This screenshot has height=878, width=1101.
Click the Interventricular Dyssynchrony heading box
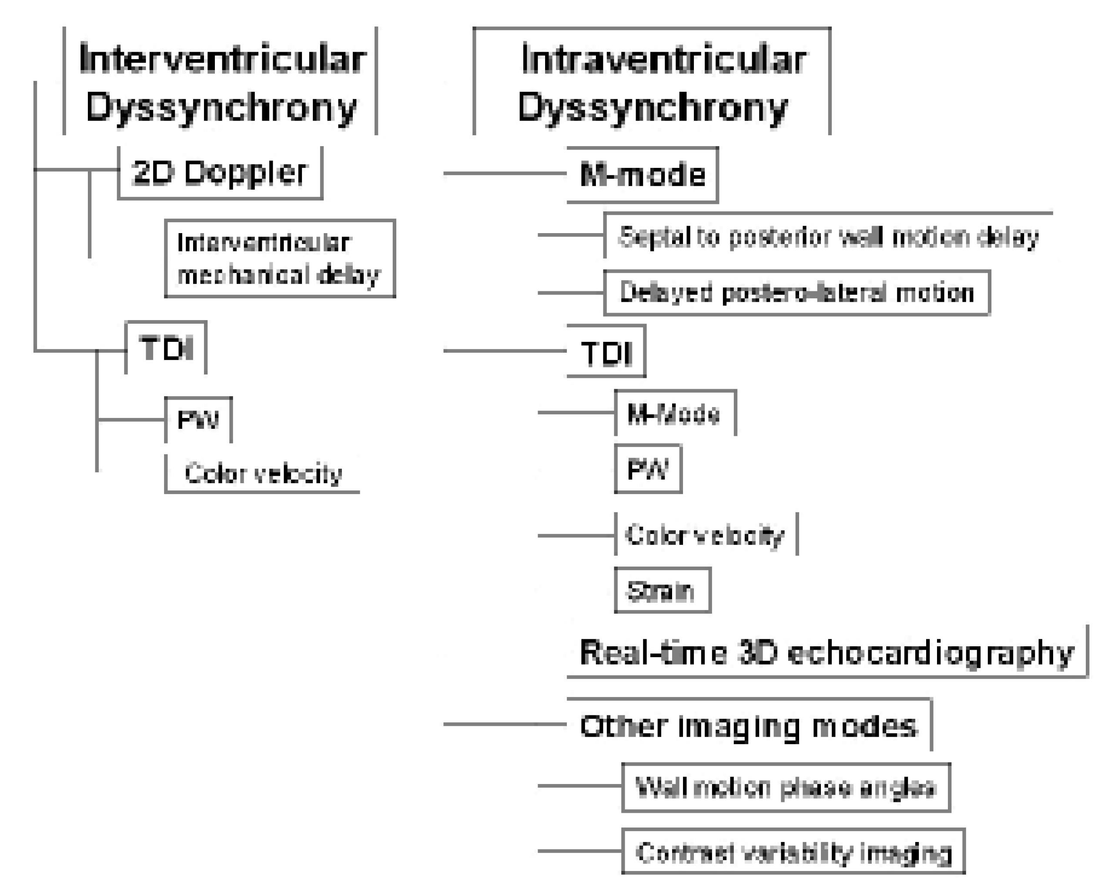tap(220, 82)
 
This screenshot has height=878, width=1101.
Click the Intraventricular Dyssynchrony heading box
tap(652, 82)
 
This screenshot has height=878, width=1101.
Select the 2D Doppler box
tap(220, 173)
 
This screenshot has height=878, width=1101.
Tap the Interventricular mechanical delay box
tap(280, 259)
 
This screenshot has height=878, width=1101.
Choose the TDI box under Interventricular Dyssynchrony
tap(167, 349)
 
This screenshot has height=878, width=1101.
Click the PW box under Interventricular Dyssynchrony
tap(198, 420)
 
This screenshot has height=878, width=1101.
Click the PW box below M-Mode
tap(648, 469)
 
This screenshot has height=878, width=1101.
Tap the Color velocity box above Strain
tap(705, 535)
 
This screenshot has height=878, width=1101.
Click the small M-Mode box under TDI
tap(675, 414)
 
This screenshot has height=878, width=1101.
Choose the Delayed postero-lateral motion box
tap(796, 293)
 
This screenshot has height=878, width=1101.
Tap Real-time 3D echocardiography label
tap(827, 653)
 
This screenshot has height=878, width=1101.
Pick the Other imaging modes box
tap(749, 725)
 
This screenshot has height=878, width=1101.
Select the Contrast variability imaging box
tap(793, 852)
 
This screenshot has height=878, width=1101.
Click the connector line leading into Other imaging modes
tap(505, 724)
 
